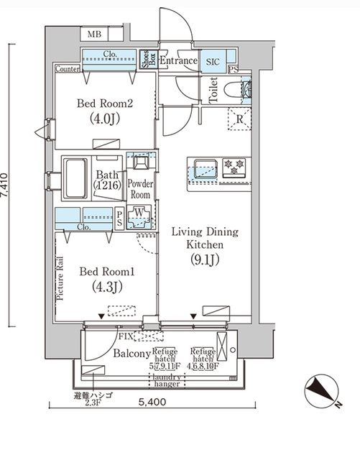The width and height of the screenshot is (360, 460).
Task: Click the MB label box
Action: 94,34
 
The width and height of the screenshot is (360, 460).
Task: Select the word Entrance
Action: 177,61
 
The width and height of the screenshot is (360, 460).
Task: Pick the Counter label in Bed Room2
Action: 67,69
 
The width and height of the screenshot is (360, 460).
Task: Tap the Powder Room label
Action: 139,189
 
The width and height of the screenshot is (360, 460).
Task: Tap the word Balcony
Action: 131,354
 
